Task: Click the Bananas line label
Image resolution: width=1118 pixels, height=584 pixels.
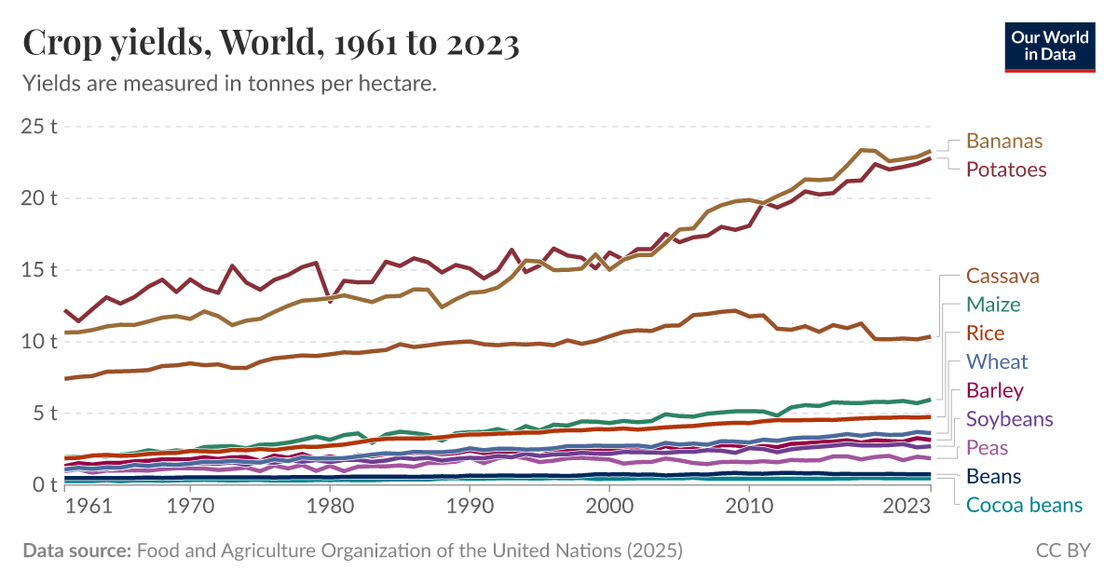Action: click(1004, 142)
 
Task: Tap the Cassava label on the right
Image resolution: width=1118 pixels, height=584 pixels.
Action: click(1002, 276)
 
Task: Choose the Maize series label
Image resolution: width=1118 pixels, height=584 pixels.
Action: click(993, 305)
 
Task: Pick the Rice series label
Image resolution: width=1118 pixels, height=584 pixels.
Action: click(986, 333)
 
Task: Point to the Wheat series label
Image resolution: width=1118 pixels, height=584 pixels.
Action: click(997, 361)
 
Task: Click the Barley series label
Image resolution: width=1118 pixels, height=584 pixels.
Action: click(995, 390)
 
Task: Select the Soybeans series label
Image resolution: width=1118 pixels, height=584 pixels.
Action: click(1010, 419)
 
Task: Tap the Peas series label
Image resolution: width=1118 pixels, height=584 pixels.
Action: click(988, 448)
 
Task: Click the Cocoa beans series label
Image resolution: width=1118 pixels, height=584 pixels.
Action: click(1025, 506)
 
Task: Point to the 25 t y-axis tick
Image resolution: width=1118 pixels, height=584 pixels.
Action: click(39, 127)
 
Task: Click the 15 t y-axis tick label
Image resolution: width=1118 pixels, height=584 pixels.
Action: click(39, 270)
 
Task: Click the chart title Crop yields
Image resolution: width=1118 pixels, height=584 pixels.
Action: click(270, 44)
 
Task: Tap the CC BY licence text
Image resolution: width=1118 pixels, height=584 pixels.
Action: click(1063, 550)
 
